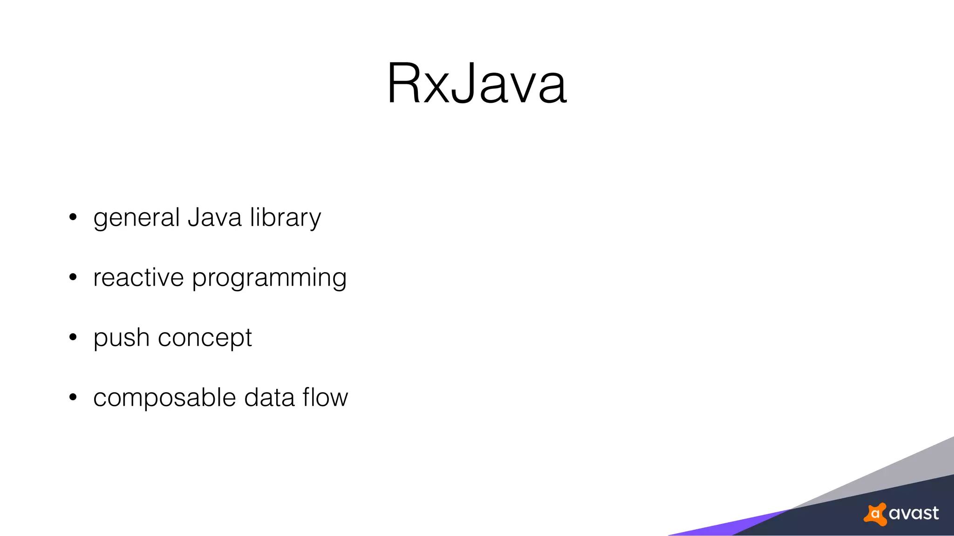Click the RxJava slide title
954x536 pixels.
tap(477, 84)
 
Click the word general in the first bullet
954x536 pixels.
tap(136, 218)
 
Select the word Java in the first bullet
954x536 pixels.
tap(214, 217)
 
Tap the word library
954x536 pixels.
tap(285, 218)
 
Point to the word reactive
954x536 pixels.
tap(138, 278)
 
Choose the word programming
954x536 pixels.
tap(269, 278)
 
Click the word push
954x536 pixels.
tap(121, 338)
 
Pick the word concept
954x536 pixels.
tap(205, 338)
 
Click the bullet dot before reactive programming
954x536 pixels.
tap(73, 277)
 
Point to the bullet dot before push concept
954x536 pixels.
tap(73, 337)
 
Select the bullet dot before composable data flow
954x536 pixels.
tap(73, 397)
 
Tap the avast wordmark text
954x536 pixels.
tap(913, 513)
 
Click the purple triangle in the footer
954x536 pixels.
tap(727, 526)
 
